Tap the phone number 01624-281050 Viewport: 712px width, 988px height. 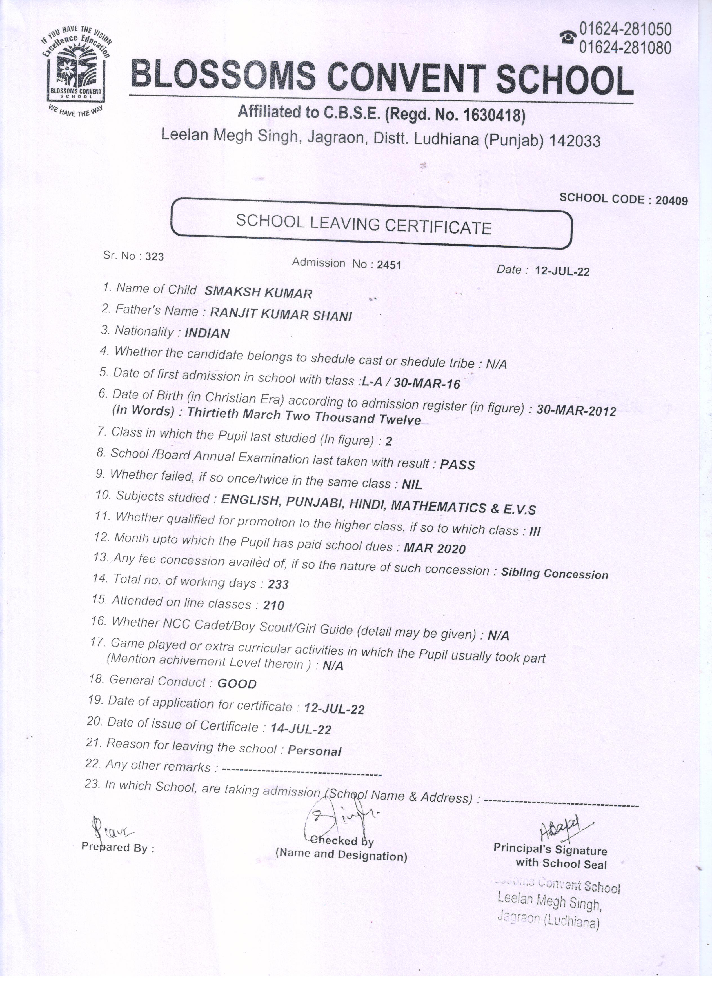click(625, 29)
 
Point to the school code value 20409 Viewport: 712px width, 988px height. click(671, 200)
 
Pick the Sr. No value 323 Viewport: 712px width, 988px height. click(155, 257)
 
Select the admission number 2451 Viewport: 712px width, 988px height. click(389, 265)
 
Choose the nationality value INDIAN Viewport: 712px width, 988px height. click(207, 333)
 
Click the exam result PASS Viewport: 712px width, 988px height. click(457, 464)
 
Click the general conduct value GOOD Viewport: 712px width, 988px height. click(237, 683)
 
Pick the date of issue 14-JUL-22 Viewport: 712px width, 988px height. click(301, 729)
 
